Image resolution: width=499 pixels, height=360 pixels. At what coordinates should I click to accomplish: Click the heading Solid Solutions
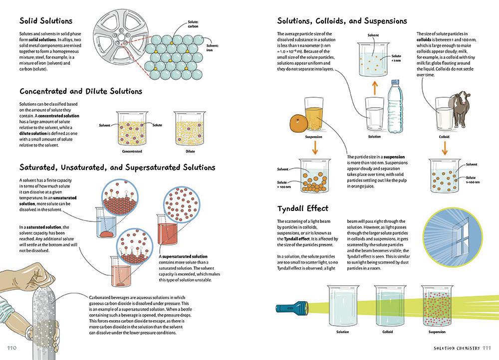(x=46, y=21)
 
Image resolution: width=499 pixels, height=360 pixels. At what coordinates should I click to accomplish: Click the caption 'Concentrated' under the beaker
(x=132, y=151)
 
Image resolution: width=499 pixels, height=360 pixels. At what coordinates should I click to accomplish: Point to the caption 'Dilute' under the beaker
(x=190, y=151)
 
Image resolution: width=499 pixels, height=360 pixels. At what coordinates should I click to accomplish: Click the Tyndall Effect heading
(x=303, y=208)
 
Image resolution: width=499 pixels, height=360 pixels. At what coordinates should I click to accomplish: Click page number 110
(x=12, y=347)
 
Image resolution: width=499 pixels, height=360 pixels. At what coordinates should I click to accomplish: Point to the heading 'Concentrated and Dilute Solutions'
(x=81, y=91)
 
